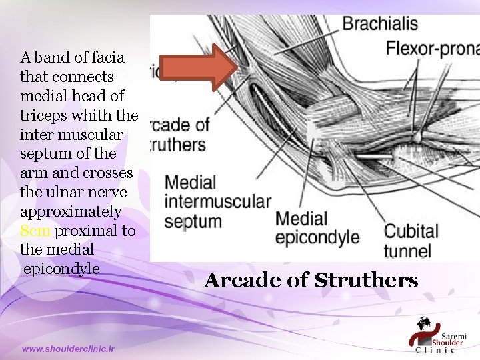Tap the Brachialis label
[x=380, y=25]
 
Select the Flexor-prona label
[x=433, y=49]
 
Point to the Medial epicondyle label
[x=317, y=227]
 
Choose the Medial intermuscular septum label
[x=217, y=201]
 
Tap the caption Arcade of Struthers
[x=311, y=280]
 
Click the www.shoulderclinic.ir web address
[x=68, y=349]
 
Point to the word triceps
[x=41, y=115]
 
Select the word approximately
[x=71, y=212]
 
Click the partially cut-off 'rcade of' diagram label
[x=180, y=125]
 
